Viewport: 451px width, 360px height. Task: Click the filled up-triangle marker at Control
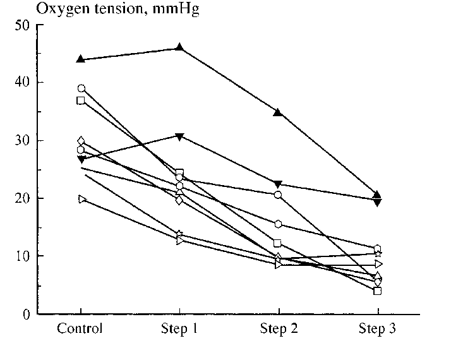tap(81, 59)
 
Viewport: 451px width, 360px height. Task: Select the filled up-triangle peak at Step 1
tap(179, 47)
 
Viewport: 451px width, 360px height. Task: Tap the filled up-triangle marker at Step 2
tap(278, 112)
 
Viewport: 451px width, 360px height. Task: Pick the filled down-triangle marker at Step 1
tap(179, 136)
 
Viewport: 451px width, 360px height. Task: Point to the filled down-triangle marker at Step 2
tap(278, 184)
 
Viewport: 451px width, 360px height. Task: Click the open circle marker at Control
tap(81, 88)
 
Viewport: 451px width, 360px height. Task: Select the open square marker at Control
tap(81, 100)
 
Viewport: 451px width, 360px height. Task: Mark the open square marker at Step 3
tap(377, 291)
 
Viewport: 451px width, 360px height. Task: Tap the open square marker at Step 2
tap(278, 243)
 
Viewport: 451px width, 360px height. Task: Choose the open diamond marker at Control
tap(81, 141)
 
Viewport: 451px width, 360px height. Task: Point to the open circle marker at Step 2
tap(278, 195)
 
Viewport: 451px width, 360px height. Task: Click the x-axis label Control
tap(80, 329)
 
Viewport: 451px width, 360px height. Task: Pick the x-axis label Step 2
tap(278, 329)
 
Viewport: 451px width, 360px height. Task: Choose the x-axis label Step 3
tap(377, 329)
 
